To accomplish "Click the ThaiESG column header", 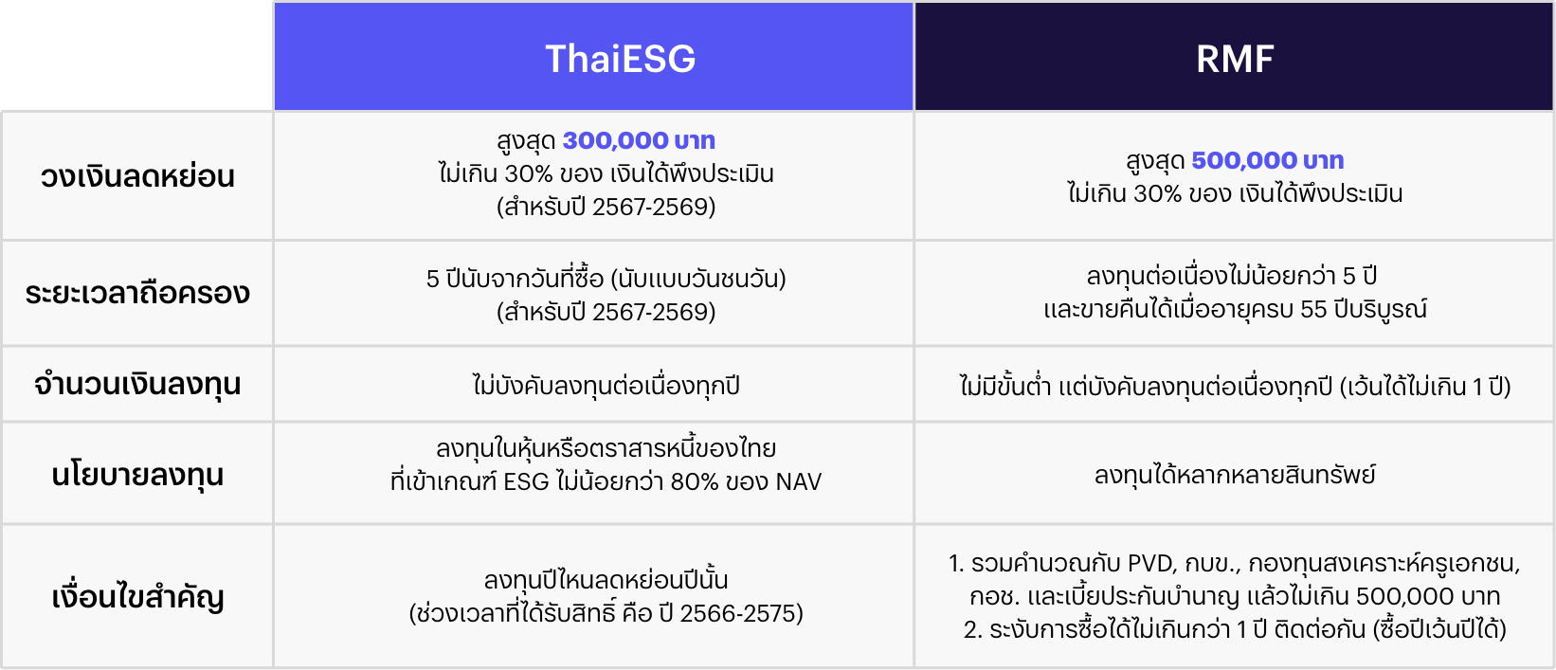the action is (621, 59).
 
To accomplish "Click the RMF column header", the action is (1235, 59).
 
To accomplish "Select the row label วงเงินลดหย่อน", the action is (137, 176).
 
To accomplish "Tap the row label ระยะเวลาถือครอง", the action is (137, 293).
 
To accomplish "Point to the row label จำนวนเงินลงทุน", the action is (137, 385).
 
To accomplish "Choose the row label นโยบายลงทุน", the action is (137, 476).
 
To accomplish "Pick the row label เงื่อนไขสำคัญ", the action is (137, 597).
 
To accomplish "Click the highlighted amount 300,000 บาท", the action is (639, 140).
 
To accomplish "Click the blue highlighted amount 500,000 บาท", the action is (1268, 160).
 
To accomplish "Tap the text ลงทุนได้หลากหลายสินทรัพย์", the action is (1235, 476).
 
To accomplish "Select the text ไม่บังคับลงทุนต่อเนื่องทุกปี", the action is (606, 385).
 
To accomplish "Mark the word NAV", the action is (798, 481).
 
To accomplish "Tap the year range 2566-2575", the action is (736, 614).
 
